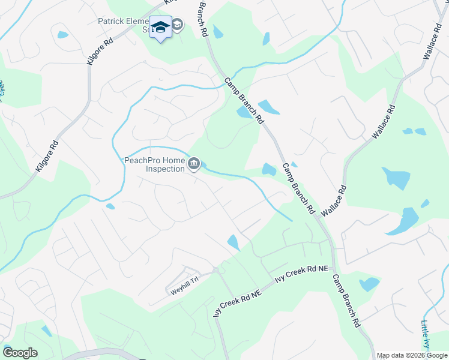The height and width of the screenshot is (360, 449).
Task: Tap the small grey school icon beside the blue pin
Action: [178, 25]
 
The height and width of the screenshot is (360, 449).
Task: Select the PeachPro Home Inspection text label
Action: [154, 164]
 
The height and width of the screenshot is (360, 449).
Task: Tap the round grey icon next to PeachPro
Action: [194, 164]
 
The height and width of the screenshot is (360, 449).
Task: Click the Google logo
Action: [20, 353]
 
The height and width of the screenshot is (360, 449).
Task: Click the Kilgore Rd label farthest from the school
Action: [47, 157]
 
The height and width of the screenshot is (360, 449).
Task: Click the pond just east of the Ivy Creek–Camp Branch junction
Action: [369, 283]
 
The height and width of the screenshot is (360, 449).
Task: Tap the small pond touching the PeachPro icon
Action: [204, 165]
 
